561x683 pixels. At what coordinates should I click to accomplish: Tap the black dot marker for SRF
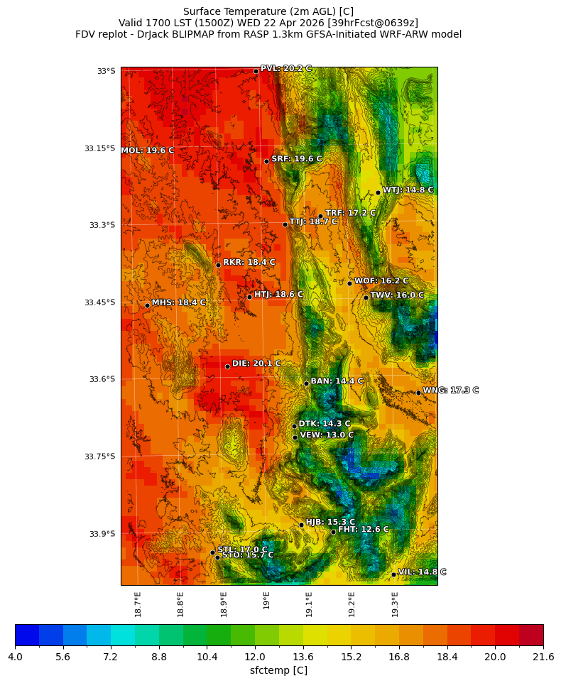tap(266, 161)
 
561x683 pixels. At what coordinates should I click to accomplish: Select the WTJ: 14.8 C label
tap(408, 190)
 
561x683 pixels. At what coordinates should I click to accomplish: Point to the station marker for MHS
tap(147, 305)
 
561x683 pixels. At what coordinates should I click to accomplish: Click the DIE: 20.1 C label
tap(256, 364)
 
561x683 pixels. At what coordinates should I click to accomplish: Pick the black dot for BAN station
tap(306, 383)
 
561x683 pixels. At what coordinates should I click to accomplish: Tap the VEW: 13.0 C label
tap(326, 435)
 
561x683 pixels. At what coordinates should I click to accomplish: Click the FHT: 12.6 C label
tap(363, 530)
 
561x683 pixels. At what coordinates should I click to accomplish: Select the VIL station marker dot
tap(393, 574)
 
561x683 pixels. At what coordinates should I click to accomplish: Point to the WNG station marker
tap(418, 393)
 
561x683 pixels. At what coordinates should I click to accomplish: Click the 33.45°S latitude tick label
tap(99, 302)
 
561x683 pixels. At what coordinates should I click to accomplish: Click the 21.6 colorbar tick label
tap(543, 657)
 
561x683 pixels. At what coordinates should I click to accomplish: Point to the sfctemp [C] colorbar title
tap(278, 670)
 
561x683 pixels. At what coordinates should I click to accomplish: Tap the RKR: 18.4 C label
tap(249, 263)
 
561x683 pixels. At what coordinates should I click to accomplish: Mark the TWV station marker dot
tap(366, 297)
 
